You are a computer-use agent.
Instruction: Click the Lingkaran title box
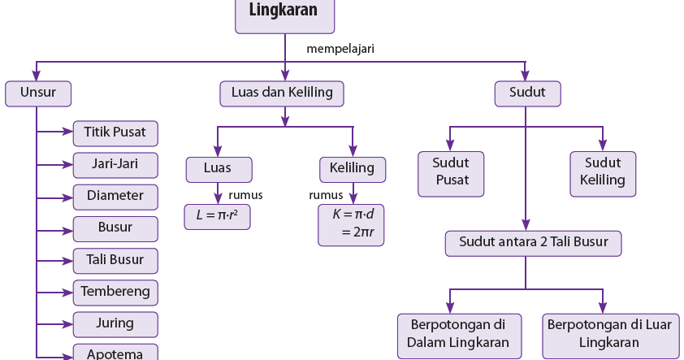pos(285,15)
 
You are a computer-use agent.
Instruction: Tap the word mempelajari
pos(340,49)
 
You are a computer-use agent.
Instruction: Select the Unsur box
pos(38,93)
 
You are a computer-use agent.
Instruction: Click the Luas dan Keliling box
pos(282,93)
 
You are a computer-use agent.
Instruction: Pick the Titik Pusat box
pos(115,133)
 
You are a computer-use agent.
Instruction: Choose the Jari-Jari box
pos(115,165)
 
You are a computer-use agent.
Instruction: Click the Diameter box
pos(115,197)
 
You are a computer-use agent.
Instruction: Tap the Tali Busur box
pos(115,261)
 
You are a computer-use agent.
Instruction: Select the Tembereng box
pos(115,293)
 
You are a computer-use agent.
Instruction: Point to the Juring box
pos(115,324)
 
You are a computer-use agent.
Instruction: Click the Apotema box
pos(115,352)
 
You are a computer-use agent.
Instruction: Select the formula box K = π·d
pos(351,225)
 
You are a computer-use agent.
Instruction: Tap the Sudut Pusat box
pos(451,174)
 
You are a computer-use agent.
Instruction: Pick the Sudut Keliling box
pos(603,174)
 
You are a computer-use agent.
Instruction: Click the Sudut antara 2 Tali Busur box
pos(533,244)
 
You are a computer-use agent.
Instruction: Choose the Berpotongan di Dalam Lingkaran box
pos(459,336)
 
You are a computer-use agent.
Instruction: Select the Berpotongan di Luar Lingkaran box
pos(611,336)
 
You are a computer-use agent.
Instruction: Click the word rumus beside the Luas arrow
pos(245,195)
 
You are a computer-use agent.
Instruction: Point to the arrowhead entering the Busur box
pos(68,231)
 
